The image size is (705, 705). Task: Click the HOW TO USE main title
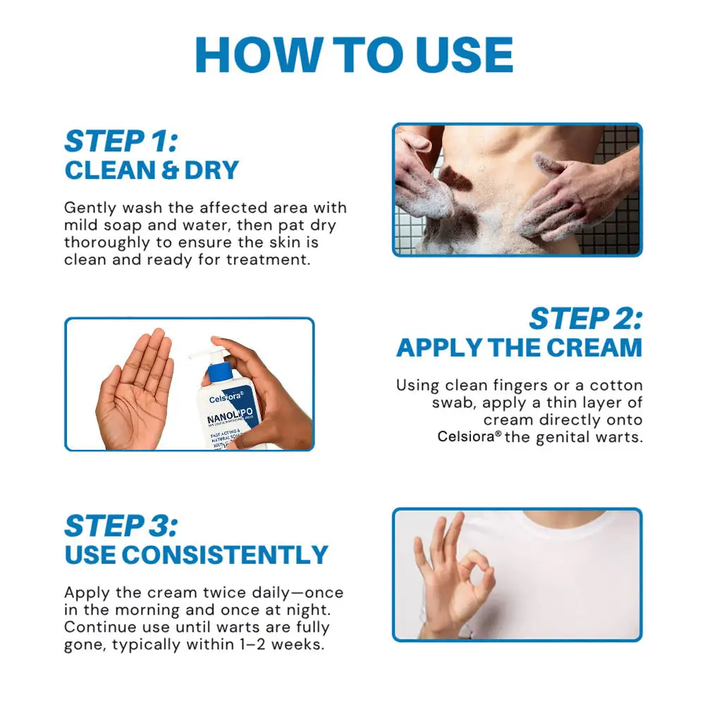[353, 54]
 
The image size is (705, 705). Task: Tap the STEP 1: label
[121, 141]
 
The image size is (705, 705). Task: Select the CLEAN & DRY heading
[152, 170]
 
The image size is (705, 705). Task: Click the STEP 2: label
[585, 319]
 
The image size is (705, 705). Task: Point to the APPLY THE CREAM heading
[519, 348]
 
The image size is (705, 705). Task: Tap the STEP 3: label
[121, 526]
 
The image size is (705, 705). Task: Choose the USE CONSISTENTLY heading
[196, 555]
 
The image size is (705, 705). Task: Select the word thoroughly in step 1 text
[104, 242]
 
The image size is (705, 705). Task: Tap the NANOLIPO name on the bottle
[226, 420]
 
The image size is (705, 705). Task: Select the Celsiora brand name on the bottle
[226, 398]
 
